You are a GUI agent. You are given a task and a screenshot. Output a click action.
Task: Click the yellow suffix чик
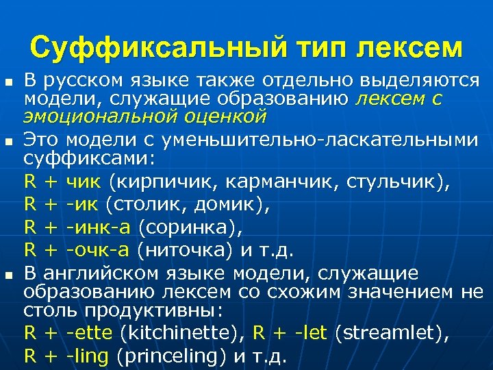[84, 183]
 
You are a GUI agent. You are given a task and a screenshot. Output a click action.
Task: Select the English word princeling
[175, 356]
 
